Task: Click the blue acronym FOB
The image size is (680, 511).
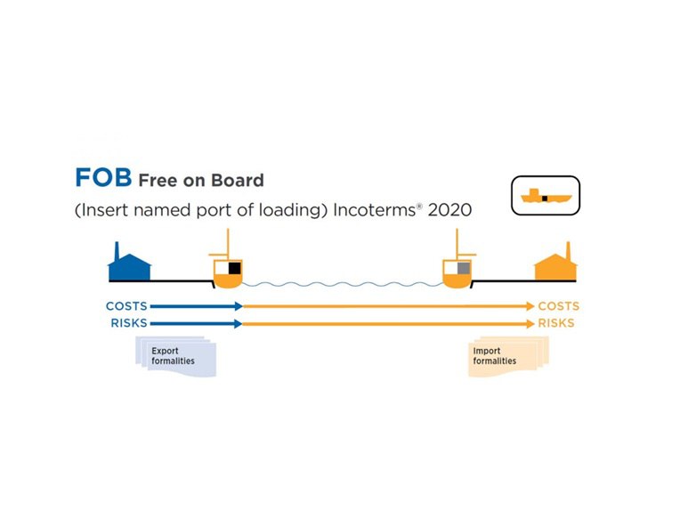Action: click(x=102, y=177)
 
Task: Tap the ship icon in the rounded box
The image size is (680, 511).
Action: click(x=545, y=196)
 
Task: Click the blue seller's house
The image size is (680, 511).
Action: click(x=129, y=265)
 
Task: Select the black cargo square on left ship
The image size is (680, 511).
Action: click(x=235, y=268)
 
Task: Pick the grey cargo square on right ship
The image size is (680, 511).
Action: click(x=463, y=268)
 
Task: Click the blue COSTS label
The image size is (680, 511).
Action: click(x=126, y=306)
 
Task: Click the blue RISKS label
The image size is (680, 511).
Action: click(x=129, y=323)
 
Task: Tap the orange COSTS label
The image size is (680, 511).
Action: click(x=558, y=306)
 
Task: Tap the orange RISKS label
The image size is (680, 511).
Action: click(x=556, y=323)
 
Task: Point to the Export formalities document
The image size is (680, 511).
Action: click(x=174, y=356)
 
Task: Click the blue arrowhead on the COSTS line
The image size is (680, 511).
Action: click(x=239, y=306)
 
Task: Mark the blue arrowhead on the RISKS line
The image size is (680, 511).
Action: click(x=239, y=323)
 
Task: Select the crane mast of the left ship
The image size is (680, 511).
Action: click(x=228, y=245)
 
